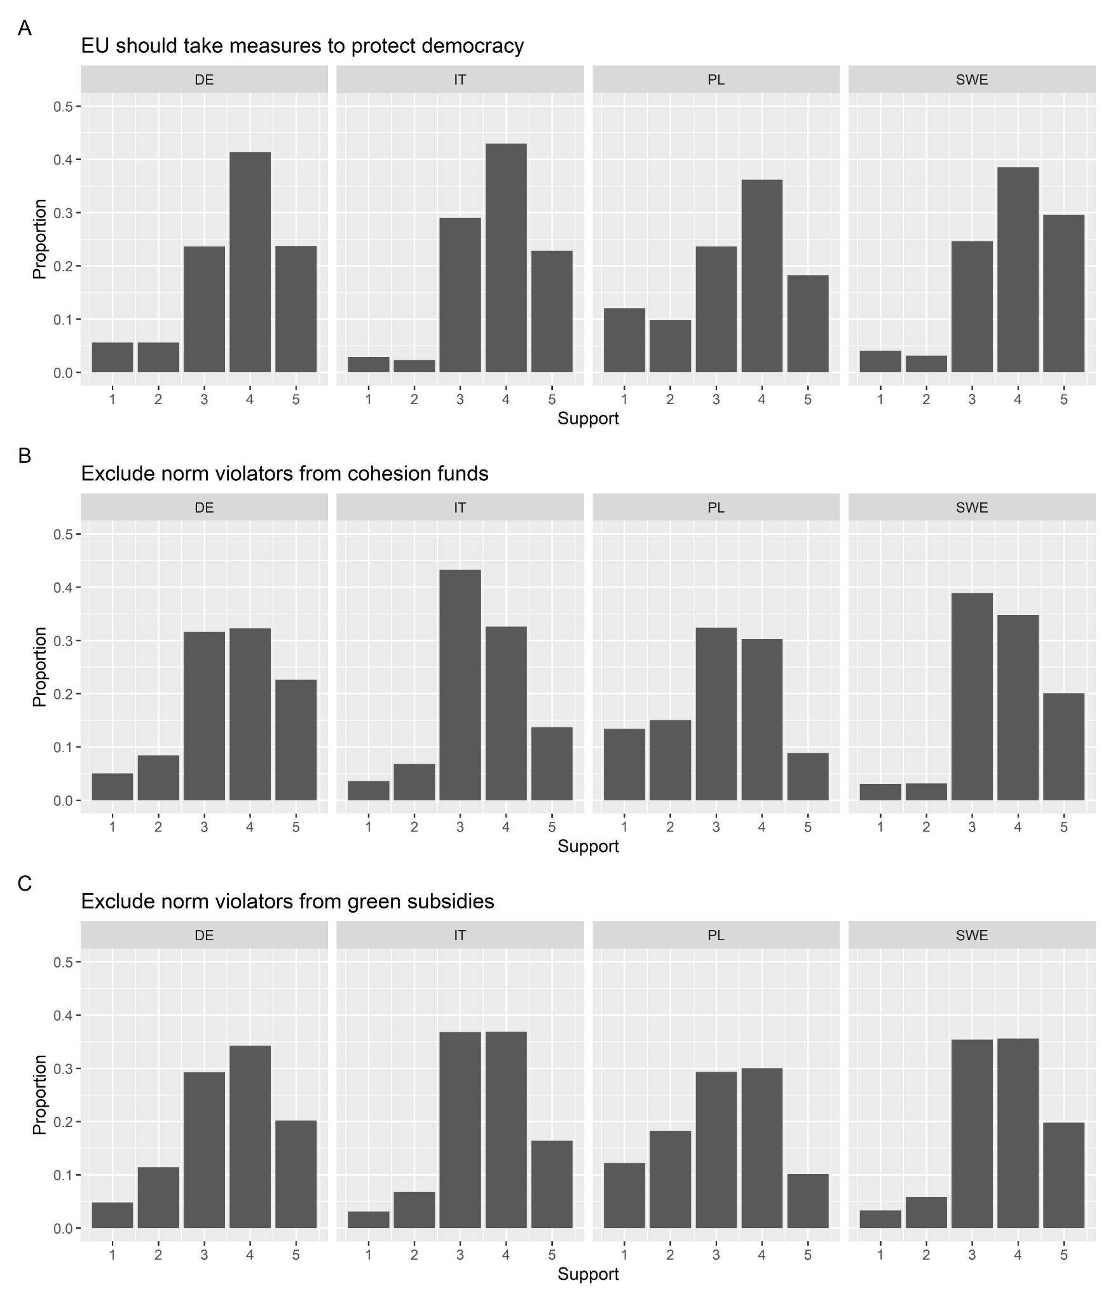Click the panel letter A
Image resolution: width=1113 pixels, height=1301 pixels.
[25, 29]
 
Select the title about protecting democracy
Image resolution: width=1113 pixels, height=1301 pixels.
[302, 46]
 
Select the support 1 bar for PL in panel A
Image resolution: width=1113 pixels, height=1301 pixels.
[624, 340]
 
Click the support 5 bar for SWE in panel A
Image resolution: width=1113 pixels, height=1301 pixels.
[1063, 293]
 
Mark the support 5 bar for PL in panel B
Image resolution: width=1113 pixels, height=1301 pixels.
[808, 776]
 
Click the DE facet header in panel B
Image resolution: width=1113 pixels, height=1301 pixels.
[204, 508]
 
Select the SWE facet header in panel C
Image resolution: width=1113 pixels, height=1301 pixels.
[972, 935]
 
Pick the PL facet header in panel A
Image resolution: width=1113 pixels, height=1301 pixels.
[716, 80]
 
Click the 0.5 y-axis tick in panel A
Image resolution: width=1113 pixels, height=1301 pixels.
[63, 106]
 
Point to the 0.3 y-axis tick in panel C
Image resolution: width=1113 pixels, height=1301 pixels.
[63, 1068]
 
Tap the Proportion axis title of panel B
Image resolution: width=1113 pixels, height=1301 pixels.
[39, 666]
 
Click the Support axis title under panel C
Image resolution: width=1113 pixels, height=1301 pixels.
[588, 1274]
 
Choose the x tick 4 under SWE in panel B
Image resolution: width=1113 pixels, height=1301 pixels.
[1018, 827]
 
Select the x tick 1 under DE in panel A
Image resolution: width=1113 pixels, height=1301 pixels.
[113, 400]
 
